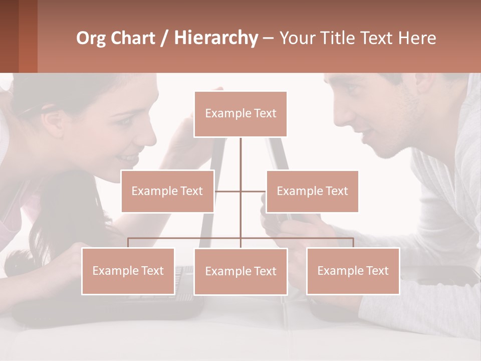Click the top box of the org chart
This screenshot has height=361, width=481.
(241, 114)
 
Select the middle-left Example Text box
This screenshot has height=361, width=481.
(167, 191)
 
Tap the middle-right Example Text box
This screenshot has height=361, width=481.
(312, 191)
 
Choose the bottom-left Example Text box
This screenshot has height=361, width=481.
(128, 271)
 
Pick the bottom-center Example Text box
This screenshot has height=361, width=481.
(241, 271)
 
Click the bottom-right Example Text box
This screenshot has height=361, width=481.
(353, 271)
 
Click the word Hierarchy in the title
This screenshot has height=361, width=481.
(216, 38)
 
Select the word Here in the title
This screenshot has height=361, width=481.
(417, 38)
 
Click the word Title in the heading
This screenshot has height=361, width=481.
(337, 38)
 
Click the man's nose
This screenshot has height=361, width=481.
(341, 115)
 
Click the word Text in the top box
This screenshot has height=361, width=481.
(265, 114)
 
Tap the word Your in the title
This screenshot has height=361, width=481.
(296, 38)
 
